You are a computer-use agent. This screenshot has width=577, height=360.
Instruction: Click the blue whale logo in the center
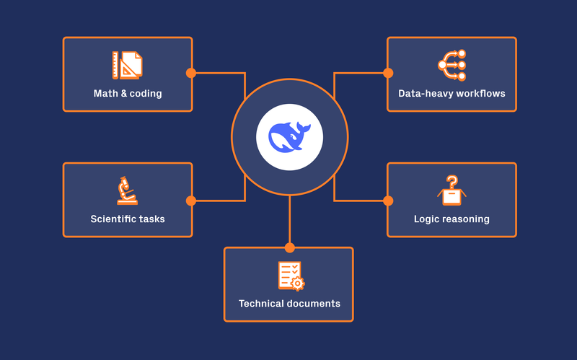[x=289, y=136]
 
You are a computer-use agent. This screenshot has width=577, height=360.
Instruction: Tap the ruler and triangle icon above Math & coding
[x=127, y=65]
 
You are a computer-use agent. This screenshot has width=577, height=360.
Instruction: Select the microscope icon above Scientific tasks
[x=127, y=190]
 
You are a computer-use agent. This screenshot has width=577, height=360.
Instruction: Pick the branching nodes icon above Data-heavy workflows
[x=452, y=65]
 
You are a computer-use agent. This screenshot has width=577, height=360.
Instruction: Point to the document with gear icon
[x=290, y=276]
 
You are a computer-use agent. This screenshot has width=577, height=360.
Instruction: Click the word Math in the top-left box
[x=105, y=94]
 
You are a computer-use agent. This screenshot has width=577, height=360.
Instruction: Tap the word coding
[x=146, y=94]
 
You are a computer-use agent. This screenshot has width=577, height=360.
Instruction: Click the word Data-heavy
[x=424, y=94]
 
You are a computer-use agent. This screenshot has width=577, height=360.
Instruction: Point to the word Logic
[x=427, y=219]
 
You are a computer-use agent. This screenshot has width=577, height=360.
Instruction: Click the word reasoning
[x=467, y=219]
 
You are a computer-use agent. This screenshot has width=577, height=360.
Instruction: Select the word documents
[x=314, y=304]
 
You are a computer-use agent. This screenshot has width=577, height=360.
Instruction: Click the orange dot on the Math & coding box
[x=191, y=73]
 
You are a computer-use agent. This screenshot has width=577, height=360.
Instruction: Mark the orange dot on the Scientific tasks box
[x=191, y=201]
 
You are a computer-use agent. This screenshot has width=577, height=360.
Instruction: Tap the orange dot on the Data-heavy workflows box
[x=388, y=73]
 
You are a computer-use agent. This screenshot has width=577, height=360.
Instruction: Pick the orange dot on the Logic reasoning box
[x=388, y=201]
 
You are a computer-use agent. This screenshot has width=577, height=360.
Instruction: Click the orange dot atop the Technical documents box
[x=290, y=247]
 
